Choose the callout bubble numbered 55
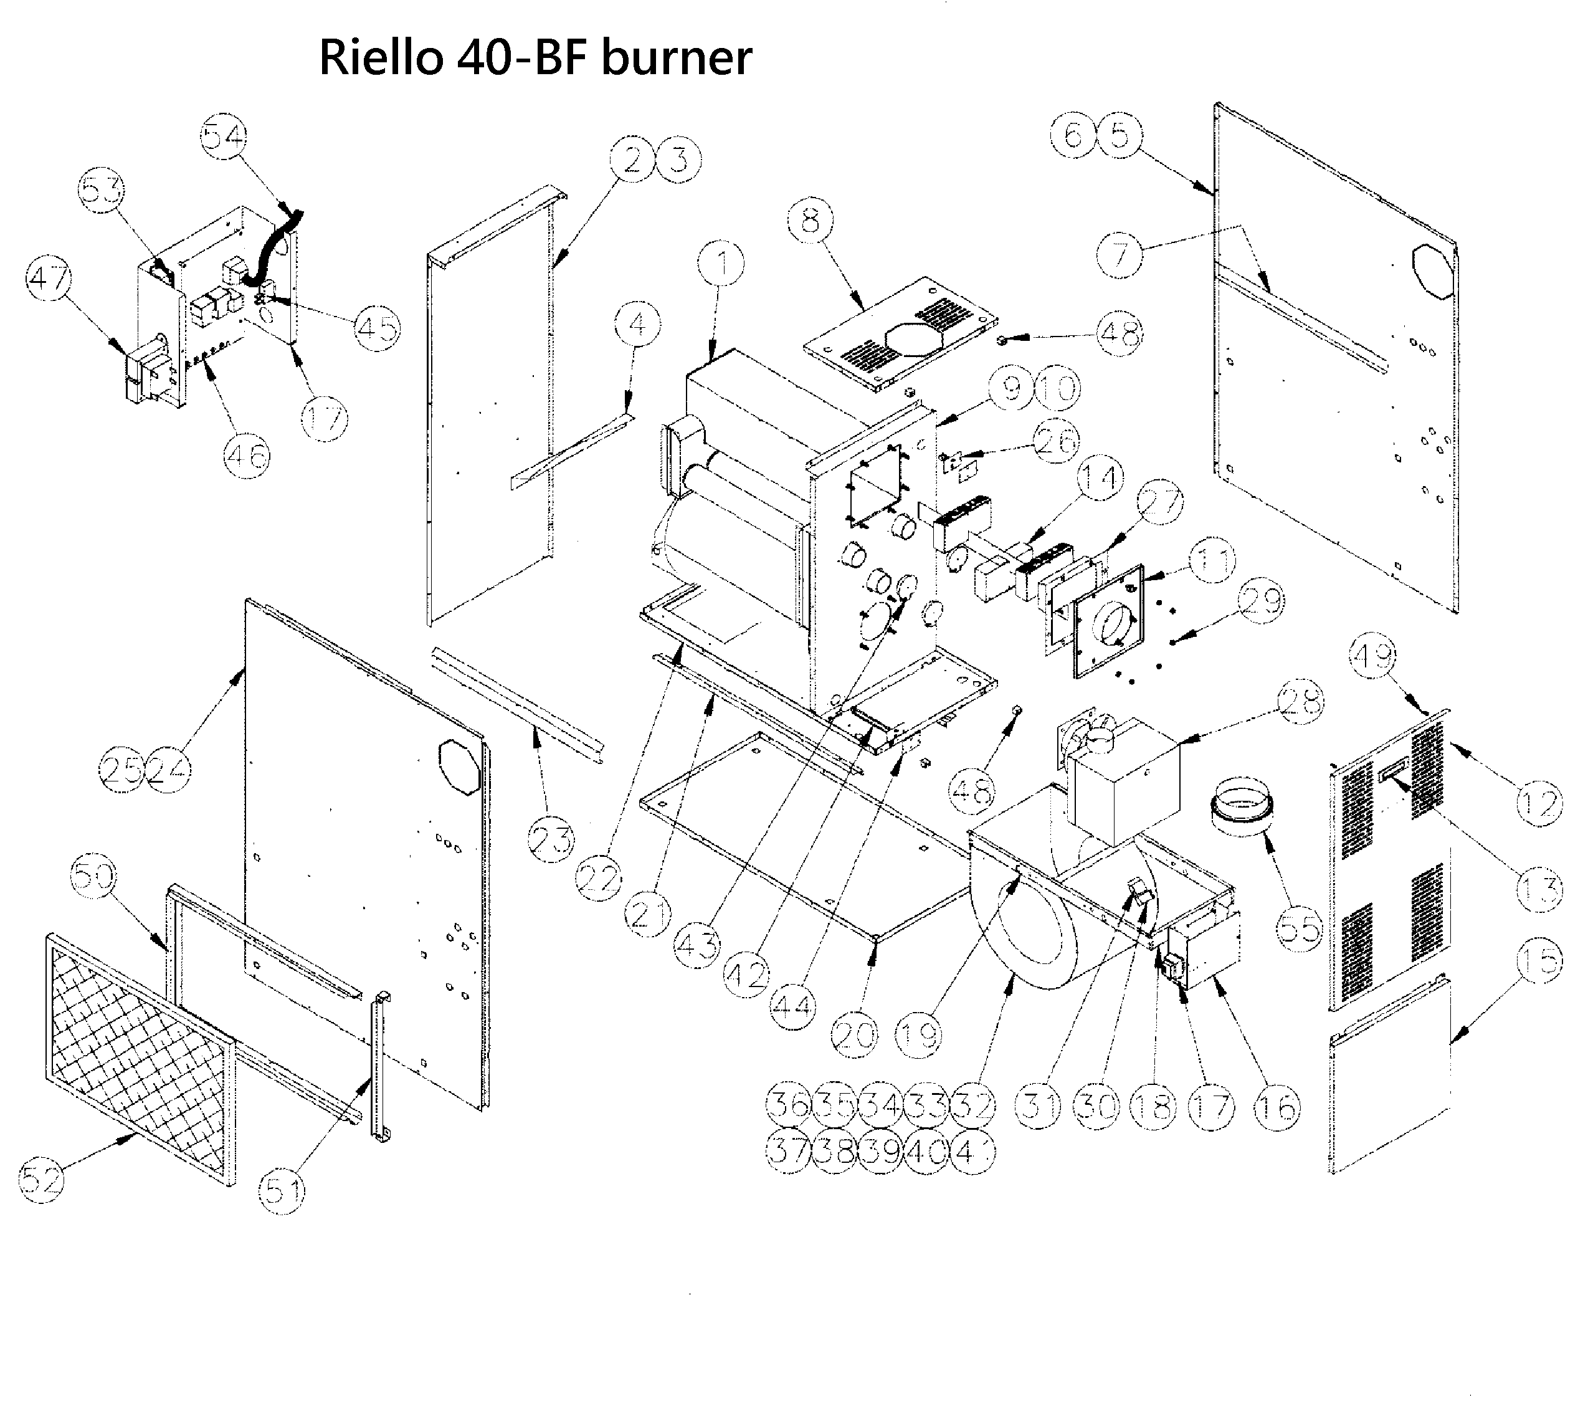tap(1298, 928)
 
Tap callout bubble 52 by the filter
tap(41, 1180)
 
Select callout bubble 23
tap(551, 840)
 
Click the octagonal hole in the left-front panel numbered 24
tap(460, 768)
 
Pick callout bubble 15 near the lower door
tap(1538, 961)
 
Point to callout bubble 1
tap(721, 264)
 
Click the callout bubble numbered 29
tap(1261, 601)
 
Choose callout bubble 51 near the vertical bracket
tap(282, 1190)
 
